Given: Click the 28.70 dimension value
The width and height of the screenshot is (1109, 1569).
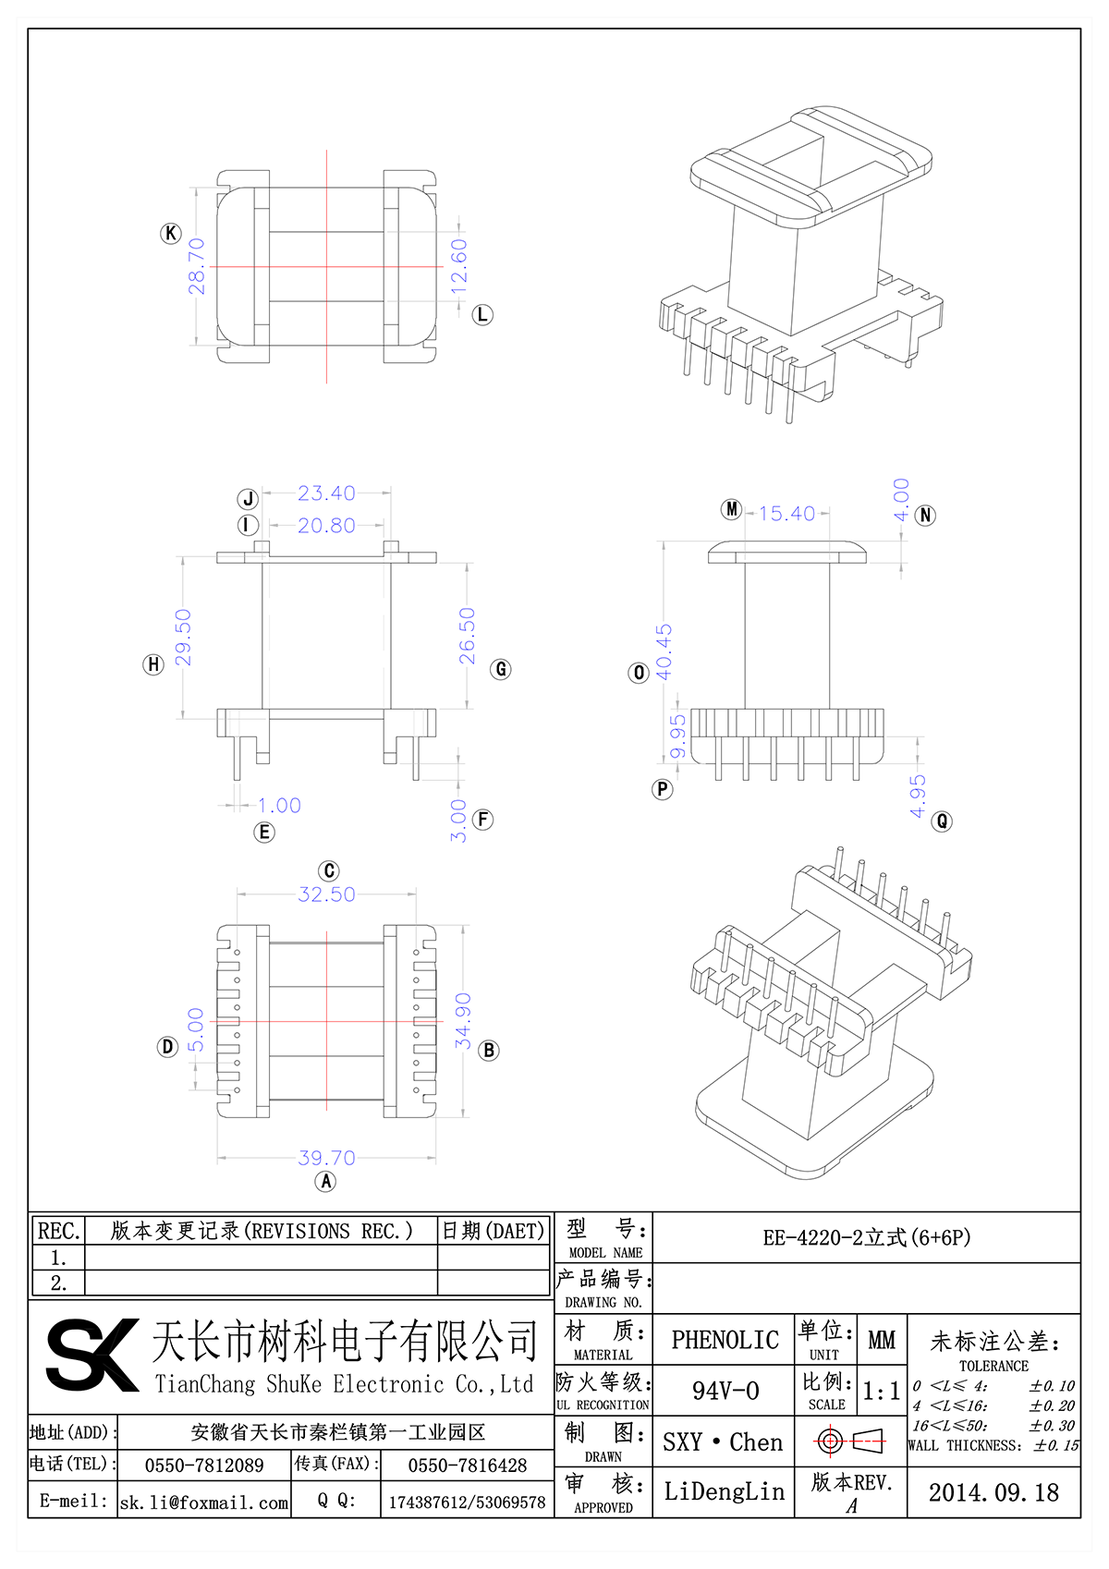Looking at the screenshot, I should point(197,267).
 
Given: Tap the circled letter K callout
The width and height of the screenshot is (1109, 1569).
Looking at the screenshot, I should point(171,233).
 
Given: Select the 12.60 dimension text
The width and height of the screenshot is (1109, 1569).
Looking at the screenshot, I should point(459,267).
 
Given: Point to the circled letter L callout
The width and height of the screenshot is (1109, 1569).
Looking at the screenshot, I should point(482,315).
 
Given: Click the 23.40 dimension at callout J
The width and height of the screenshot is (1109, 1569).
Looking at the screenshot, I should point(326,493).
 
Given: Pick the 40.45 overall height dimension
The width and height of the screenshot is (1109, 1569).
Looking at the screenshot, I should point(664,652).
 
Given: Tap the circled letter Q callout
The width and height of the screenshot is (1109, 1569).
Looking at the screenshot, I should point(942,821).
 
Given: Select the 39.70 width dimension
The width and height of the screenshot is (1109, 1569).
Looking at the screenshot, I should point(326,1158).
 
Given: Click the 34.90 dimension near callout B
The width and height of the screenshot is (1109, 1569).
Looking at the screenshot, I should point(463,1020).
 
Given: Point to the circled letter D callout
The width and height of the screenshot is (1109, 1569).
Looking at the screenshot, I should point(167,1047).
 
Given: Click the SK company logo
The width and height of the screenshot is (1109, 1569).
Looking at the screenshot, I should point(92,1356).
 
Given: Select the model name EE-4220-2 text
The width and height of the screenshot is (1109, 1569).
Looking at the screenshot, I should point(866,1237).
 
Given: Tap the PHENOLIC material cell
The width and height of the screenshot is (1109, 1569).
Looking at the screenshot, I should point(725,1340).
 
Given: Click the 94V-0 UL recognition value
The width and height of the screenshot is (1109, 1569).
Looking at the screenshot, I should point(725,1391).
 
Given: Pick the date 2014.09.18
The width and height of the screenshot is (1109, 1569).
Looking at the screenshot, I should point(993,1492).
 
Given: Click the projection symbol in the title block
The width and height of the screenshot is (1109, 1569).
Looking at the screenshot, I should point(850,1441).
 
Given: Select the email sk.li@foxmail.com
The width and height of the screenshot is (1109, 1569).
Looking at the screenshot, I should point(204,1502).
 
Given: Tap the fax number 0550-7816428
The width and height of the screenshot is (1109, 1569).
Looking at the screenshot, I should point(468,1466).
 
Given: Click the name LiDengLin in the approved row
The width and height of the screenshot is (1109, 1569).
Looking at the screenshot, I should point(724,1491).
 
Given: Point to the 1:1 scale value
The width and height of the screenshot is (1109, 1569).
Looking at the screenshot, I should point(881,1392).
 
